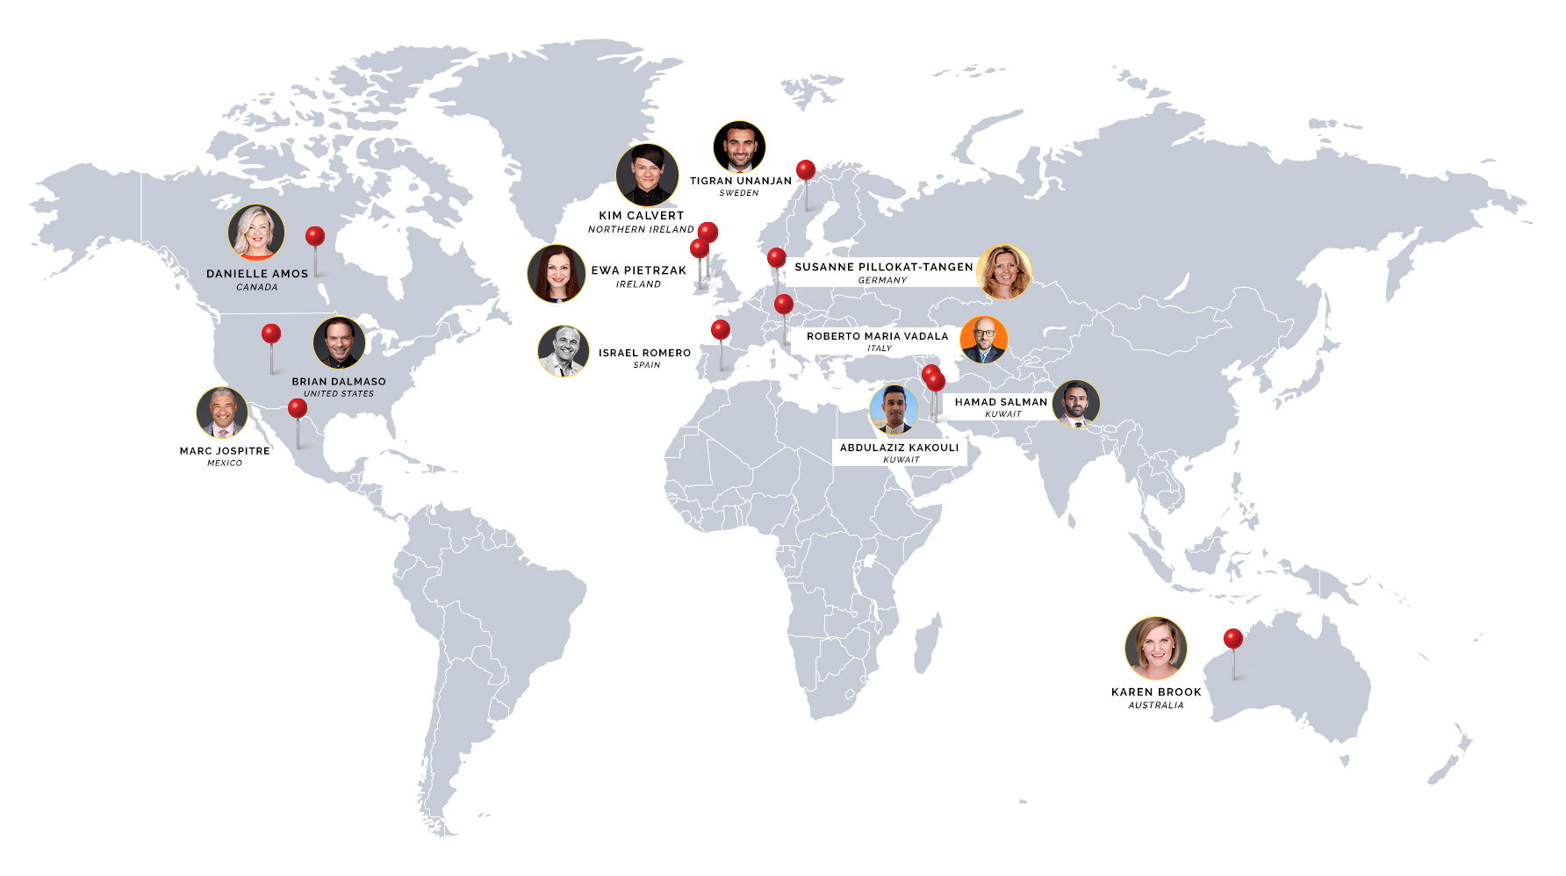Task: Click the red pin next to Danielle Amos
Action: point(315,236)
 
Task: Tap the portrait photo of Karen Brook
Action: point(1156,648)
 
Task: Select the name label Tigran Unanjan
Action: point(741,181)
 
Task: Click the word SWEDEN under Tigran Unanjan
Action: point(739,193)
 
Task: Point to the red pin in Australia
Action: point(1233,639)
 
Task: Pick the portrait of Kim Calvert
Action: point(647,175)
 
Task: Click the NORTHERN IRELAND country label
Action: point(641,229)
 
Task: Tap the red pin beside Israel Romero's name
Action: point(721,330)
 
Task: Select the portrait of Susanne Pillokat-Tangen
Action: point(1003,272)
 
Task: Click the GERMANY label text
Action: point(882,280)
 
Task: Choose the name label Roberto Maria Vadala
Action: point(877,336)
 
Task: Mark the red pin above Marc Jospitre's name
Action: point(298,408)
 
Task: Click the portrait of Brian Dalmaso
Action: point(339,343)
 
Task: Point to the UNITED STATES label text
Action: point(339,394)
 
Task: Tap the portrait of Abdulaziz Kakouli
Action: point(894,409)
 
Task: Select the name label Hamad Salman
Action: point(1001,402)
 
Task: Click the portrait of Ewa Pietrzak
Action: point(557,274)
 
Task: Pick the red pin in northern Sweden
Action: point(806,170)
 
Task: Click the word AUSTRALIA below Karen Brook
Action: point(1156,706)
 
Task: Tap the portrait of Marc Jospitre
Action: point(222,412)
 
